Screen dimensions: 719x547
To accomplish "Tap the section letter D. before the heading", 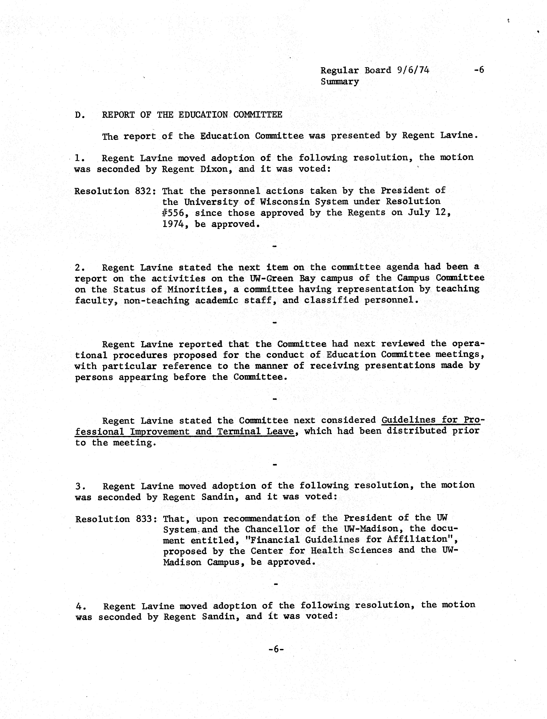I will pyautogui.click(x=80, y=115).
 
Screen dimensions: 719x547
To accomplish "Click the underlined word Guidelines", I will pyautogui.click(x=409, y=420).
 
